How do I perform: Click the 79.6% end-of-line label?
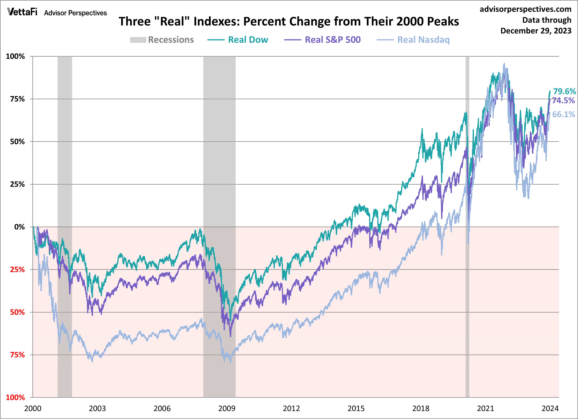click(x=564, y=91)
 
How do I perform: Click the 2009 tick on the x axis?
click(x=227, y=409)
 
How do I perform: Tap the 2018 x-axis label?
click(x=421, y=409)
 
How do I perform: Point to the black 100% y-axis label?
click(x=15, y=56)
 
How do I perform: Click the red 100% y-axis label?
click(x=15, y=397)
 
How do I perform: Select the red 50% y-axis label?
click(x=17, y=312)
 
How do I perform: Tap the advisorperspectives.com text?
click(x=526, y=9)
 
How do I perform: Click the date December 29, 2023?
click(x=536, y=31)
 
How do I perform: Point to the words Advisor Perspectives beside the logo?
click(x=75, y=13)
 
